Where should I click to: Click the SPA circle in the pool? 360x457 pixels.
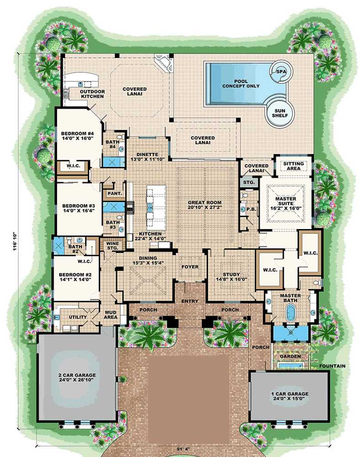279,71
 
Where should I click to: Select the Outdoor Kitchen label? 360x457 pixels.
92,94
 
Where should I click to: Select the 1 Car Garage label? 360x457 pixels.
288,393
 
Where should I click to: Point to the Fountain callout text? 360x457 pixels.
332,366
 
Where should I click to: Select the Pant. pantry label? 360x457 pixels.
114,193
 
